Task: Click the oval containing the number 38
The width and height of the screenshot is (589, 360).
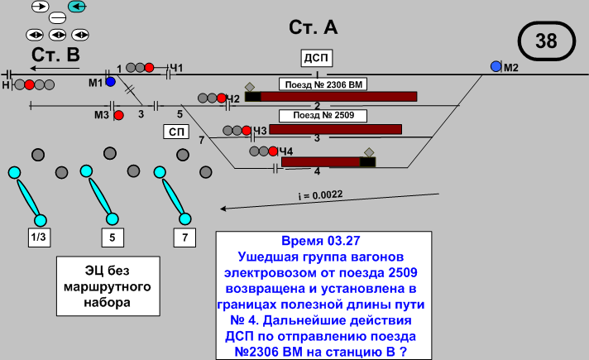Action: tap(546, 41)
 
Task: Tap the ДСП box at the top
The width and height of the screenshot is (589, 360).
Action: tap(316, 58)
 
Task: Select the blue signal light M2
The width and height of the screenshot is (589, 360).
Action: tap(496, 66)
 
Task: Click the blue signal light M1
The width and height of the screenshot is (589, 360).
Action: tap(110, 82)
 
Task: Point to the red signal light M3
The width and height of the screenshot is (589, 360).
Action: tap(118, 115)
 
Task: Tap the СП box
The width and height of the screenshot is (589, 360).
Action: tap(176, 131)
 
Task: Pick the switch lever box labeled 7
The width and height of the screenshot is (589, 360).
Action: tap(185, 238)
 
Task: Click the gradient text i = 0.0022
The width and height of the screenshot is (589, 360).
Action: tap(320, 195)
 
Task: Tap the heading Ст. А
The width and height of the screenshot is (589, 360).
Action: tap(314, 27)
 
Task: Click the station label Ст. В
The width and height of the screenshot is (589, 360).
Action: tap(56, 55)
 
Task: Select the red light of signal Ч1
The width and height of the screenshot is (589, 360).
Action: tap(150, 67)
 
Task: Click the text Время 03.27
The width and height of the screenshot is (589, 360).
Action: tap(321, 242)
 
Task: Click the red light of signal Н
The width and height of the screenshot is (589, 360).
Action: tap(30, 84)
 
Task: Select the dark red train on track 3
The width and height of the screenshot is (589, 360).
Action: tap(335, 130)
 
